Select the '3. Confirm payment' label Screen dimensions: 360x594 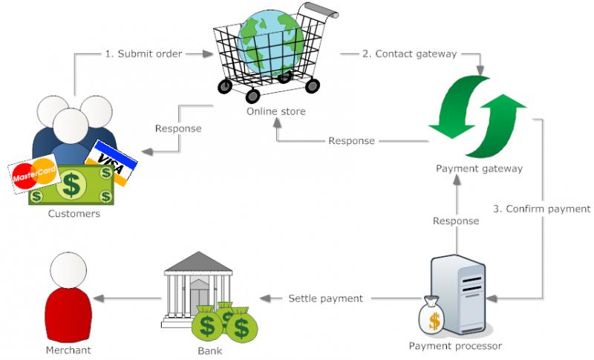(541, 209)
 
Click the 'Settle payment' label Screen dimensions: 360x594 (325, 298)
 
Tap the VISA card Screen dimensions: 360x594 (111, 161)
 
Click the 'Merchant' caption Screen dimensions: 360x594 (68, 350)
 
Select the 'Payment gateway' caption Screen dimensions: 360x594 (479, 168)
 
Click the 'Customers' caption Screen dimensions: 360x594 (74, 214)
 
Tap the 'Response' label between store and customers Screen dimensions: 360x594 (178, 128)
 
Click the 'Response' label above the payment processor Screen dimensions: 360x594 (456, 221)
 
